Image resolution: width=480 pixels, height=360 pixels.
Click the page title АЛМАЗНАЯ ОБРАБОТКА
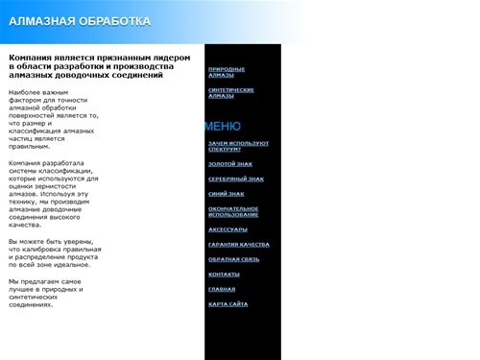pyautogui.click(x=80, y=20)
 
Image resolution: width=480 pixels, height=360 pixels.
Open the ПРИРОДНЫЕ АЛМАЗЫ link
pyautogui.click(x=227, y=72)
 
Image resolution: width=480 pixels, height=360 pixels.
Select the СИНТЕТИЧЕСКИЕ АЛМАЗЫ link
pyautogui.click(x=230, y=93)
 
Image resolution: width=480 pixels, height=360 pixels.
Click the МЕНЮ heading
pyautogui.click(x=222, y=127)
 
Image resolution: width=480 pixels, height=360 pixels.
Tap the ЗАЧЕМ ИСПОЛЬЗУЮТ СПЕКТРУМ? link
pyautogui.click(x=238, y=146)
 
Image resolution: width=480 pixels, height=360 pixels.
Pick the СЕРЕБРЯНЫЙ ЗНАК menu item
pyautogui.click(x=235, y=179)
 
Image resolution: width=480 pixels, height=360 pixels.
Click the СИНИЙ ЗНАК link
pyautogui.click(x=226, y=194)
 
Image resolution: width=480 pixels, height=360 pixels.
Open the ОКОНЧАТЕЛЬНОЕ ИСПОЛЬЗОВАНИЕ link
pyautogui.click(x=233, y=211)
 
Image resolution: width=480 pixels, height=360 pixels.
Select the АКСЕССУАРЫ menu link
pyautogui.click(x=228, y=229)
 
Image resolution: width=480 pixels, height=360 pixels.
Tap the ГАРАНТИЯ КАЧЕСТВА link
pyautogui.click(x=238, y=245)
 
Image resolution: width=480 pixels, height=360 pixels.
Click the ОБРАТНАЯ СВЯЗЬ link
pyautogui.click(x=233, y=259)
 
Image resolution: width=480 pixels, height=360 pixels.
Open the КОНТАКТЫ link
pyautogui.click(x=224, y=275)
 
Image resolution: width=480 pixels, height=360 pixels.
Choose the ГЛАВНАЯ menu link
pyautogui.click(x=222, y=289)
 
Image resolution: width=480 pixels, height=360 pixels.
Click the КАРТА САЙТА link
pyautogui.click(x=228, y=304)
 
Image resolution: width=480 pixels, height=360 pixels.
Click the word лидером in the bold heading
pyautogui.click(x=172, y=57)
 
